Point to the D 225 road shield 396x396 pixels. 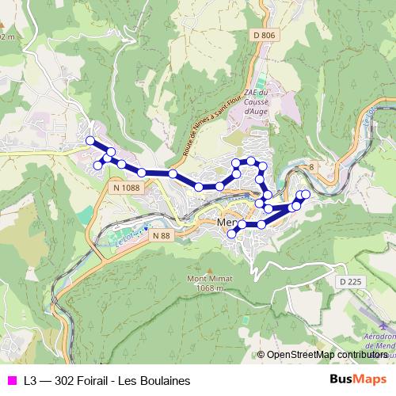[348, 281]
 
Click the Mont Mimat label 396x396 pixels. [210, 279]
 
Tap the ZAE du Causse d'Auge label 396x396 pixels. [255, 102]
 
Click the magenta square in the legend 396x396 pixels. [11, 380]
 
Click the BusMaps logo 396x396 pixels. [357, 379]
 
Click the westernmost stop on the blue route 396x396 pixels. [89, 141]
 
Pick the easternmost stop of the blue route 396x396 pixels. [306, 194]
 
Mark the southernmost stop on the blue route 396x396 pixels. [232, 234]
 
